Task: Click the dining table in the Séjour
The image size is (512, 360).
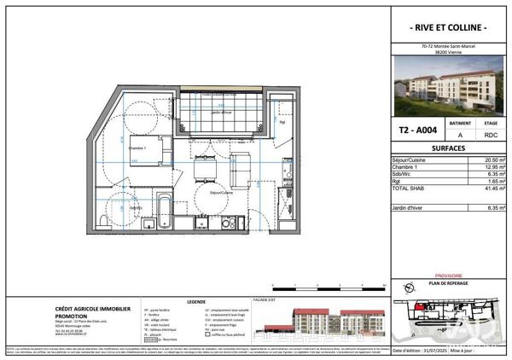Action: click(x=206, y=171)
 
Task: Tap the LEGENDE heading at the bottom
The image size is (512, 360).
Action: click(x=196, y=301)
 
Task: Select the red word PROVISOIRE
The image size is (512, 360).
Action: click(x=448, y=276)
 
